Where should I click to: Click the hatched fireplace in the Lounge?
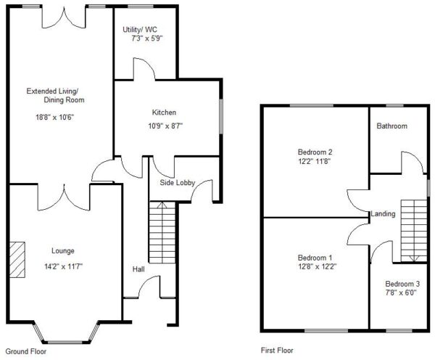click(x=17, y=260)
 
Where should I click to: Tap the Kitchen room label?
click(x=164, y=112)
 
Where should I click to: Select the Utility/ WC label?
click(x=140, y=30)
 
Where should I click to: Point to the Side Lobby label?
click(x=178, y=183)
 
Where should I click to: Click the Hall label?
click(x=138, y=269)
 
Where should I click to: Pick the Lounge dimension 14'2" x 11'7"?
click(x=64, y=266)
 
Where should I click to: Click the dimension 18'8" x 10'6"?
click(x=54, y=118)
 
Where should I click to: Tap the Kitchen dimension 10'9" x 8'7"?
click(x=165, y=126)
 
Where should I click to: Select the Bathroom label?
click(x=392, y=126)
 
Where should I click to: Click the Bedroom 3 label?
click(x=402, y=284)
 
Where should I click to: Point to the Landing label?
click(x=383, y=214)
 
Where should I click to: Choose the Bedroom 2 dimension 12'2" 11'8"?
click(x=315, y=161)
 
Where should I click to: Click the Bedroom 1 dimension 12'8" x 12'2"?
click(x=317, y=266)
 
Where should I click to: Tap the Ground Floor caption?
click(x=26, y=351)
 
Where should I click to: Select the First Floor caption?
click(x=277, y=351)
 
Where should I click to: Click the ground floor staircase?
click(x=162, y=232)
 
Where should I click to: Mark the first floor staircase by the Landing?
click(x=414, y=231)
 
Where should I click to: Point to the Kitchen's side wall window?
click(x=221, y=116)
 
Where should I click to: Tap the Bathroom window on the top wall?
click(x=395, y=105)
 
